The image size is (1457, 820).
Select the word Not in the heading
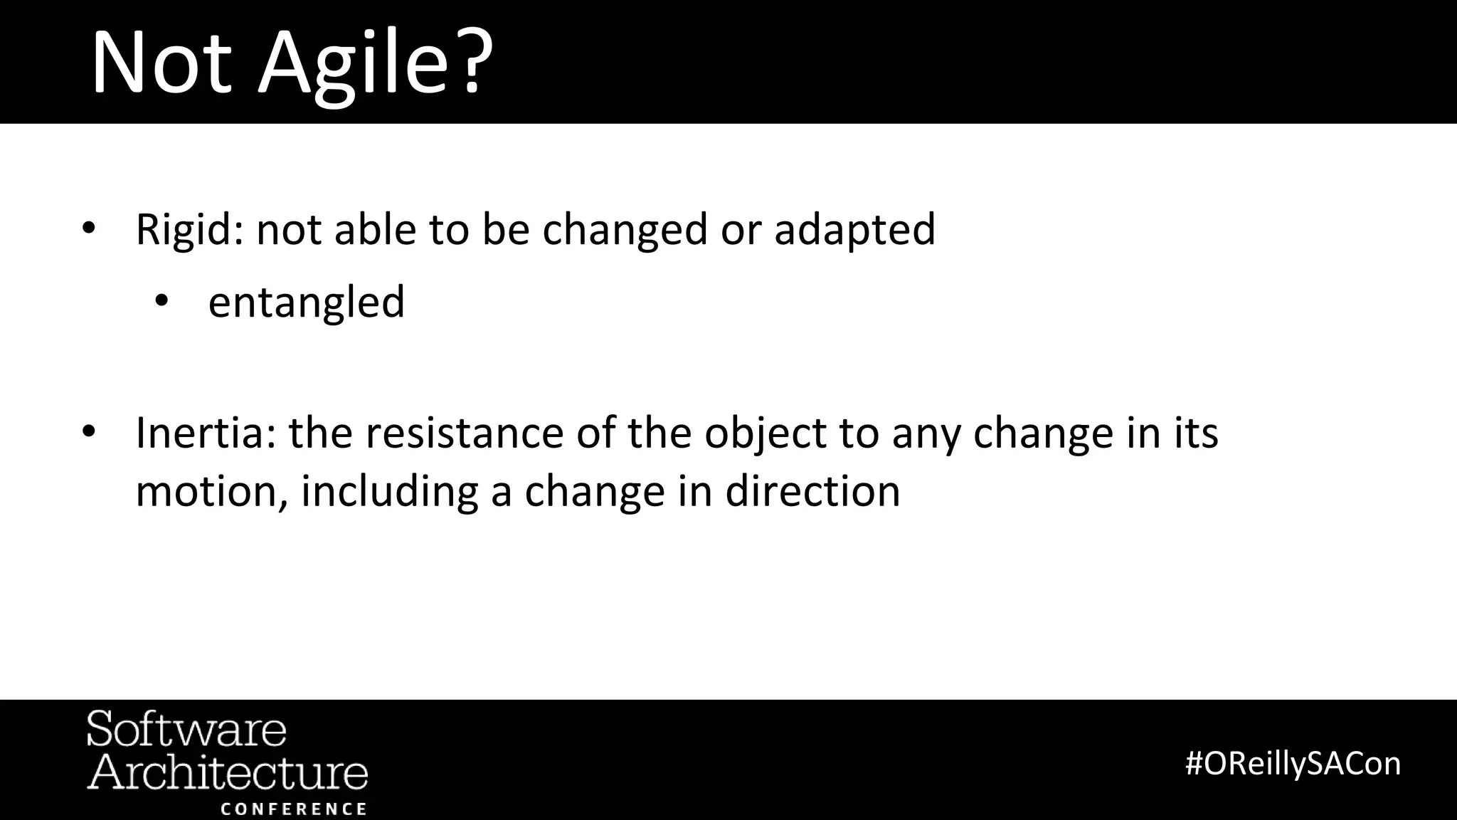161,64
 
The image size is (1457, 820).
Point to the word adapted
854,230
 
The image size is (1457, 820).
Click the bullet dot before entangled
161,302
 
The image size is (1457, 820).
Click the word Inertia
199,433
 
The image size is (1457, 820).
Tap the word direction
812,491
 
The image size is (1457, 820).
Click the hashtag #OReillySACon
1293,764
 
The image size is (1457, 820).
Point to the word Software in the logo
186,729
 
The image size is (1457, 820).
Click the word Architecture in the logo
228,772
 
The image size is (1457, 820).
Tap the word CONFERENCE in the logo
294,809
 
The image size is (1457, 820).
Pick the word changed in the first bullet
625,230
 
